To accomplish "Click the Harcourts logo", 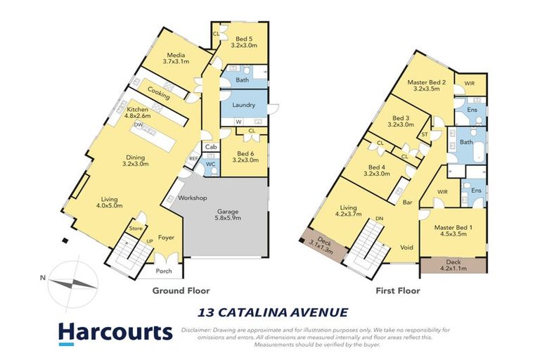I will click(x=115, y=333).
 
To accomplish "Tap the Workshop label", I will click(x=192, y=198).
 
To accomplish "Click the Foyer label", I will click(x=165, y=238).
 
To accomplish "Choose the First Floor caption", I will click(x=397, y=290).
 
